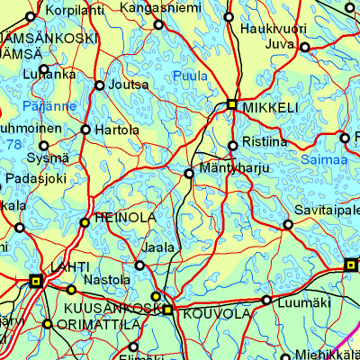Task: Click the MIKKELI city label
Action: tap(269, 107)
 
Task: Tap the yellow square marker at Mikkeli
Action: tap(232, 104)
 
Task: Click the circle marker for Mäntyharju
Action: tap(189, 173)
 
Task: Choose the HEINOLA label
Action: tap(125, 218)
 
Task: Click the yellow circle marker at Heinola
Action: tap(85, 221)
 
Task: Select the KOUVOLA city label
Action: tap(216, 314)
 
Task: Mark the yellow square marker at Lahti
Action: tap(36, 282)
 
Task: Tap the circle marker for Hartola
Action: tap(86, 130)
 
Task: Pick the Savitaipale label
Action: tap(327, 210)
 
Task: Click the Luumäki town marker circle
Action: tap(266, 300)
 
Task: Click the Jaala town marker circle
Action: tap(139, 265)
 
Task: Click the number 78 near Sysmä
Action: tap(13, 144)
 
